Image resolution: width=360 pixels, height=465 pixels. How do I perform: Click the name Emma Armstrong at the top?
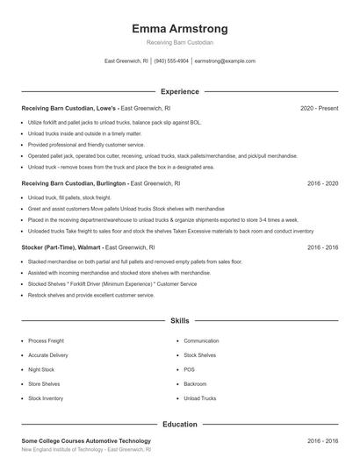[179, 28]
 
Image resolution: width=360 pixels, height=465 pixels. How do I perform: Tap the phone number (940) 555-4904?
[172, 61]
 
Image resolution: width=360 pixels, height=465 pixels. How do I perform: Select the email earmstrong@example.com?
[225, 61]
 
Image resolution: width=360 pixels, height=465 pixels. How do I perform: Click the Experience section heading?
[179, 91]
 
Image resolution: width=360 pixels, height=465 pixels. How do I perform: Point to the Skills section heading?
[179, 322]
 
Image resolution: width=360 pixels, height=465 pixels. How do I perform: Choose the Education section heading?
[179, 425]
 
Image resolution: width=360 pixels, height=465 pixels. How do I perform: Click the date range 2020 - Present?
[320, 109]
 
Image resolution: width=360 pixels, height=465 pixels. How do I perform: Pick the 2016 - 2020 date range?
[322, 184]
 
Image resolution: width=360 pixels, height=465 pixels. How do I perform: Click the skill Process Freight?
[46, 340]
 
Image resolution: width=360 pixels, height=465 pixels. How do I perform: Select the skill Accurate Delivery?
[47, 355]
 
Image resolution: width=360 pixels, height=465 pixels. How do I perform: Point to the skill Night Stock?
[41, 369]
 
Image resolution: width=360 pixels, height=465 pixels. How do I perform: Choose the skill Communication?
[201, 340]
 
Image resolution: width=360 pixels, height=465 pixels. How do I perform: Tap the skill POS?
[189, 369]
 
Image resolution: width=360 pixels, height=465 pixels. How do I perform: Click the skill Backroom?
[195, 384]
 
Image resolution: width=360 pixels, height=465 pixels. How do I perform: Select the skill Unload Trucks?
[199, 398]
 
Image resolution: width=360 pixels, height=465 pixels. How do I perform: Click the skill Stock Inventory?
[46, 398]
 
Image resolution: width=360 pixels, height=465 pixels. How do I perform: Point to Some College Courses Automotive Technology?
[86, 440]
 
